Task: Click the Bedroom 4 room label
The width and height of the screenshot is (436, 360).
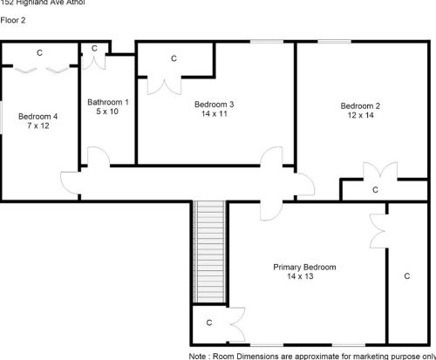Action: point(37,116)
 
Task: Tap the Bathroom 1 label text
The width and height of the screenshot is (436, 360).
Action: point(108,102)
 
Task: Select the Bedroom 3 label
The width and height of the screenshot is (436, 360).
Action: point(214,105)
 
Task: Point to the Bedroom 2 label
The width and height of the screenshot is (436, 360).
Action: point(359,105)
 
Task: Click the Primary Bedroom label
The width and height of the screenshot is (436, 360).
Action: point(304,267)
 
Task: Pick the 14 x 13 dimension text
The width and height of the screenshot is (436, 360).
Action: point(300,276)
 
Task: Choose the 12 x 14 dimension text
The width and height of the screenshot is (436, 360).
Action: point(359,115)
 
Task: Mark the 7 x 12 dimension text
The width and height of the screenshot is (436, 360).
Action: point(39,126)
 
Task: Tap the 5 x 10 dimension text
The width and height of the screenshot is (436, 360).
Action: point(108,112)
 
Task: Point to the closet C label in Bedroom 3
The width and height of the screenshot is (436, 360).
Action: point(174,58)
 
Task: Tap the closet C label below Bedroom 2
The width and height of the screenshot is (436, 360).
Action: point(375,189)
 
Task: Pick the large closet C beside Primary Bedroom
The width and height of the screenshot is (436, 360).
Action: point(406,275)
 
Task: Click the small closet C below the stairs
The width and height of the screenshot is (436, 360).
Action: point(209,323)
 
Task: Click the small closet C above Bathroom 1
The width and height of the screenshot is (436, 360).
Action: point(93,50)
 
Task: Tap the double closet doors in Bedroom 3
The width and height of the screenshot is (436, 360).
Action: point(162,85)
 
